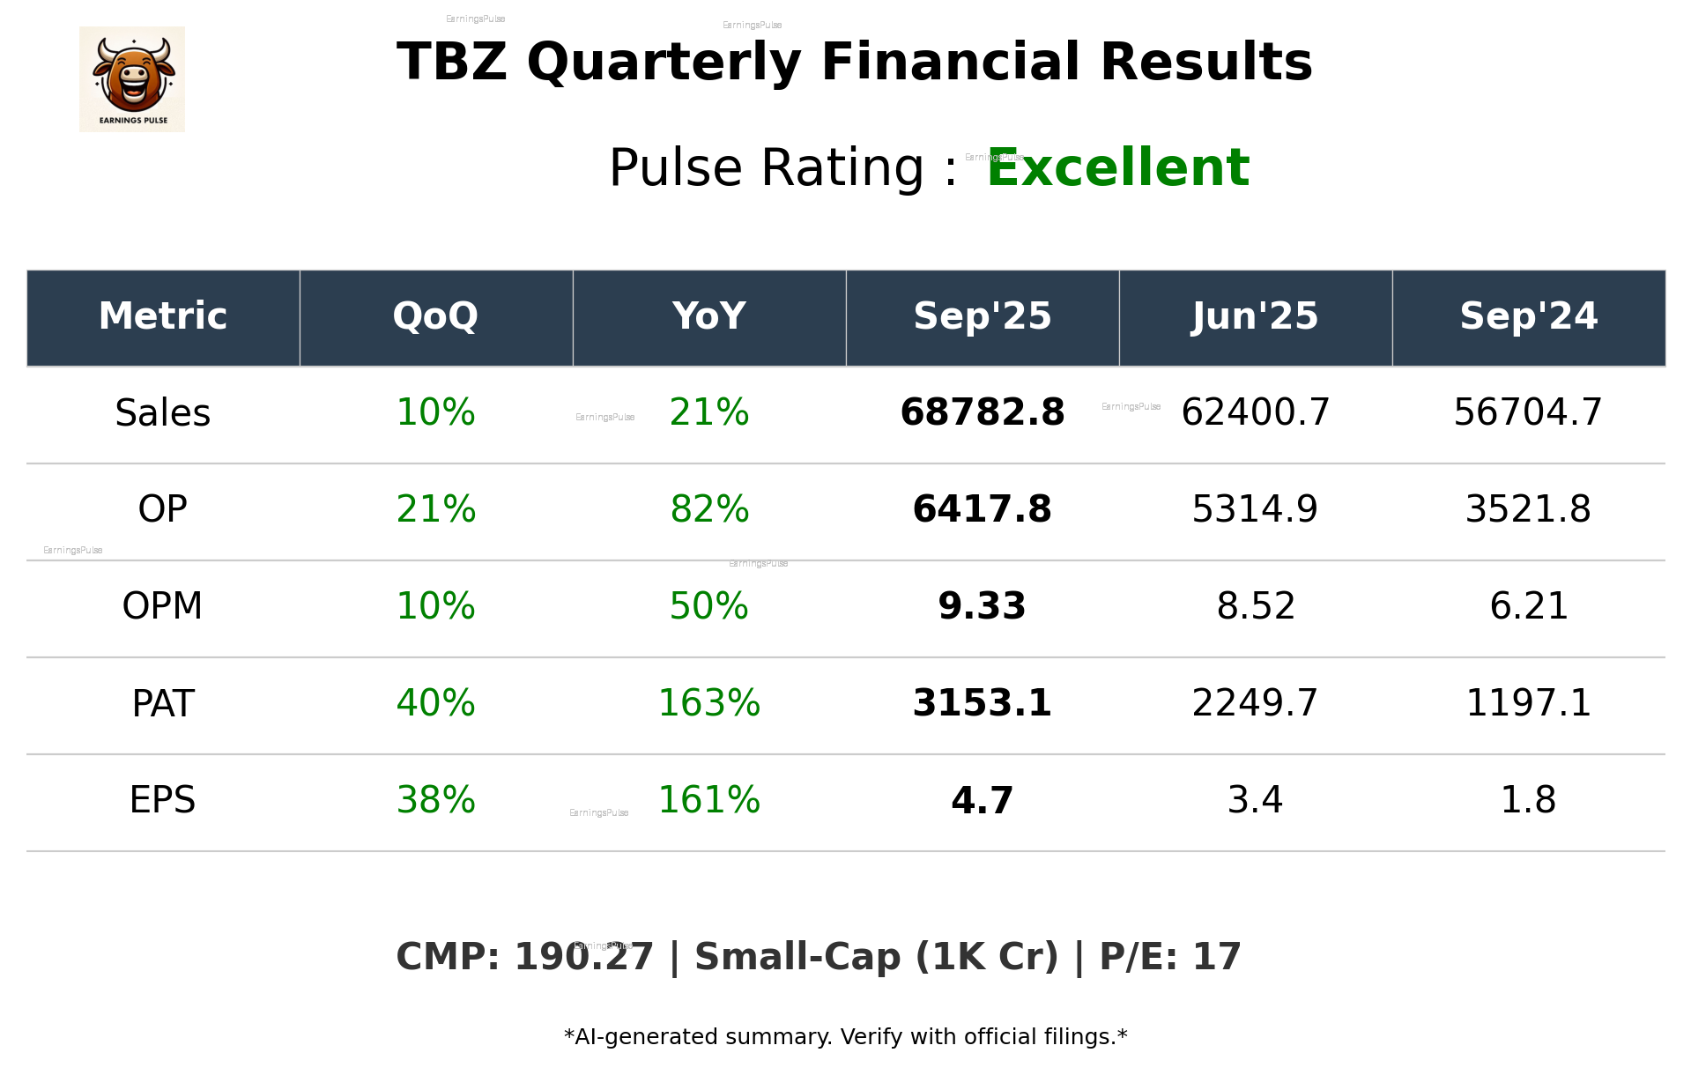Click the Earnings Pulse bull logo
132,79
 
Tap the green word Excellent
1117,167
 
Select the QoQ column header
435,316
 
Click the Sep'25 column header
982,316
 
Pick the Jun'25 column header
1255,316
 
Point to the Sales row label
163,413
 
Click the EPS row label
163,800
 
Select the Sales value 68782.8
982,412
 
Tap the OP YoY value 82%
709,509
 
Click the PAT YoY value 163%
709,703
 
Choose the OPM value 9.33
982,606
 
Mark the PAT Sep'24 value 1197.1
1528,703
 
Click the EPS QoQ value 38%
435,800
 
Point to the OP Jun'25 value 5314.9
1255,509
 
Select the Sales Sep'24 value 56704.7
1528,412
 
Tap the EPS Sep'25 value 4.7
982,800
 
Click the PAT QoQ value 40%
435,703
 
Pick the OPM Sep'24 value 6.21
1528,606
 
